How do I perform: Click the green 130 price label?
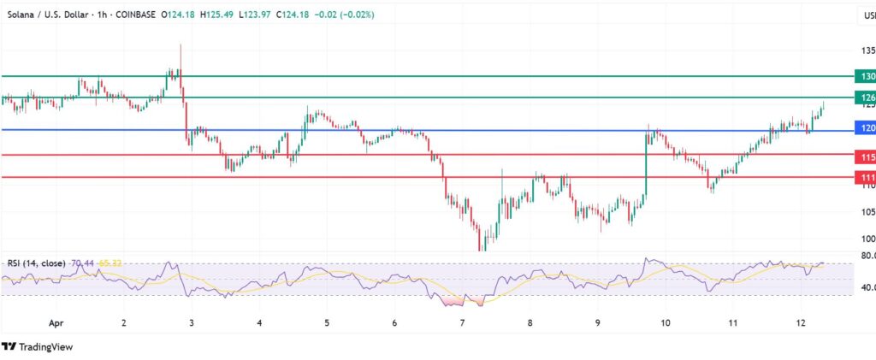coord(865,76)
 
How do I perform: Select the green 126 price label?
coord(865,97)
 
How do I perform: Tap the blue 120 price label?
coord(865,128)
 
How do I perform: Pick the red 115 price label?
coord(865,157)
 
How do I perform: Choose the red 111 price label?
coord(865,177)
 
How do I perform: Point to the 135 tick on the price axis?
coord(866,50)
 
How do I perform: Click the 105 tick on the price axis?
coord(866,211)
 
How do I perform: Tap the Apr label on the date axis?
coord(56,324)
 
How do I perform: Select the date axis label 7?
coord(462,324)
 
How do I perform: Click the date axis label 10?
coord(666,324)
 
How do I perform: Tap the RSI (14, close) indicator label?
coord(39,263)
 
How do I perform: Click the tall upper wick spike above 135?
coord(181,50)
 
